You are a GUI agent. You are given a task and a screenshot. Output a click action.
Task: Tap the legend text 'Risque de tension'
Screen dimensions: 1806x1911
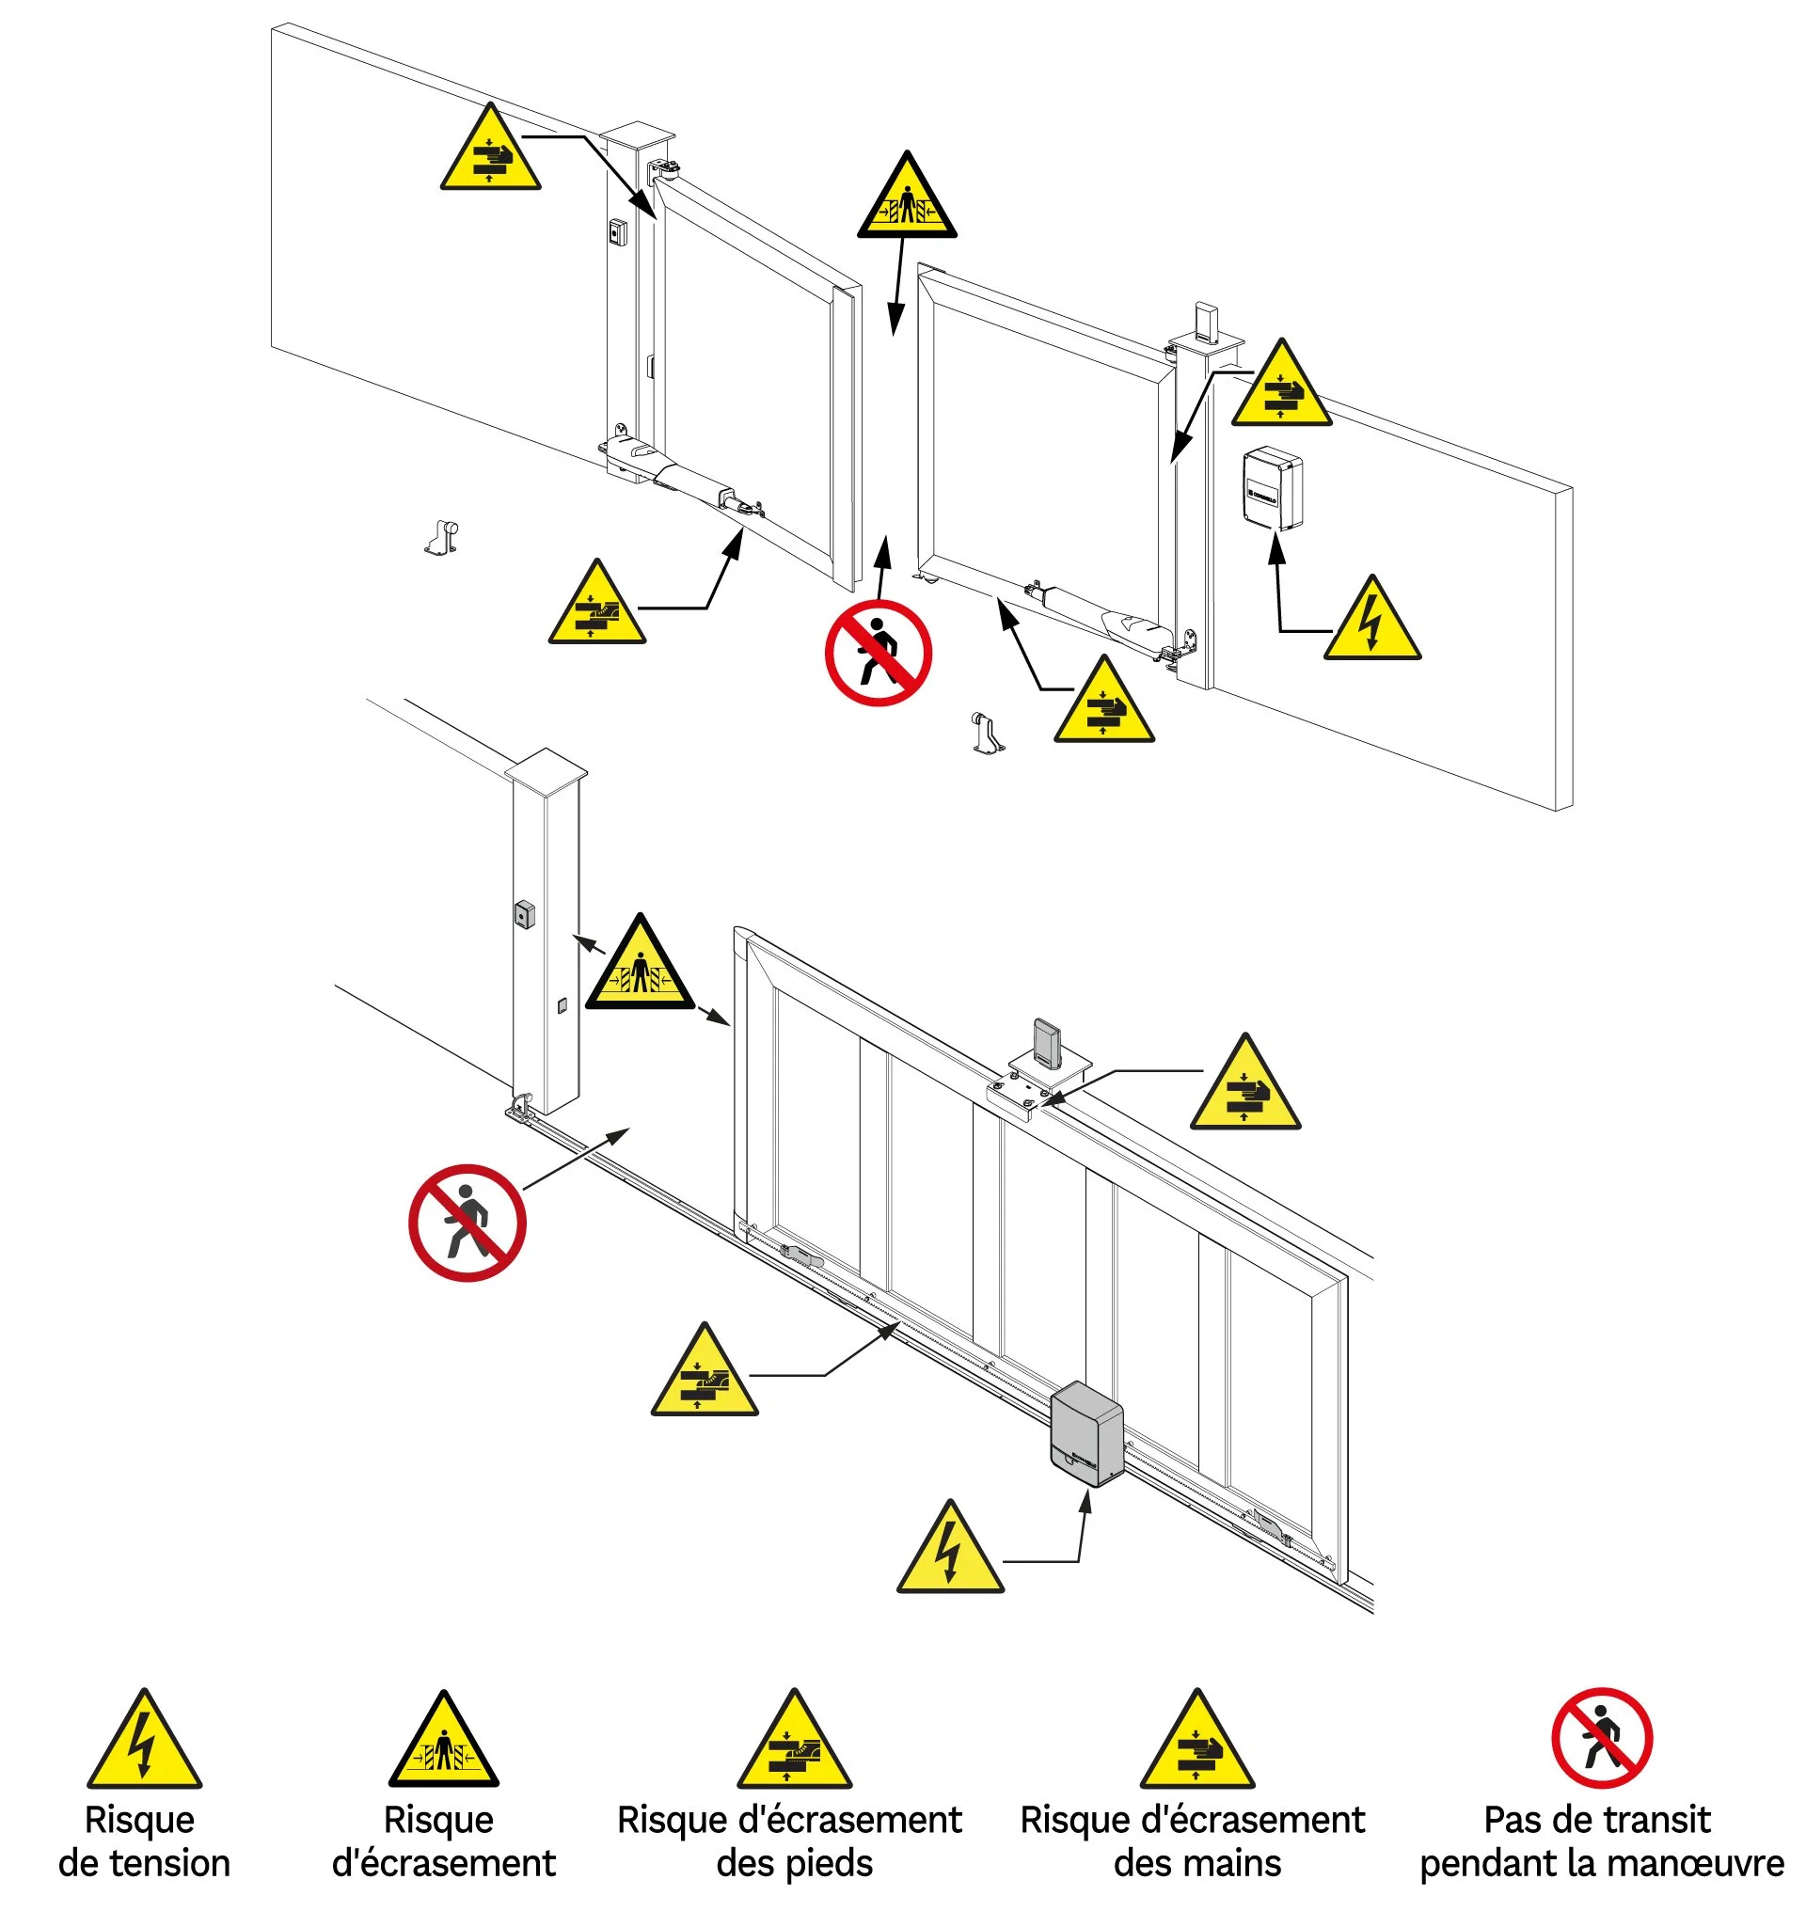click(145, 1840)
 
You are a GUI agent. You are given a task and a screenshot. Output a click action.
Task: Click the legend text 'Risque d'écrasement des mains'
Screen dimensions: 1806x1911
click(1193, 1840)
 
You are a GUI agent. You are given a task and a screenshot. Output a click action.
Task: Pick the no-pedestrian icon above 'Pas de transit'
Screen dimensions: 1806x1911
click(1602, 1738)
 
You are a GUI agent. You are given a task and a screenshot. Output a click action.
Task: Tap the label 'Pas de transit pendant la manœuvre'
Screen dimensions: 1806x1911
click(1600, 1840)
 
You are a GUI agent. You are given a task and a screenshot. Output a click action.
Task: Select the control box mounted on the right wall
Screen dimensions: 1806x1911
click(1272, 488)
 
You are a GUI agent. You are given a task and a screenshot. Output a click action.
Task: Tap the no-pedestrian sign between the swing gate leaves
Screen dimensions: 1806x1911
click(878, 653)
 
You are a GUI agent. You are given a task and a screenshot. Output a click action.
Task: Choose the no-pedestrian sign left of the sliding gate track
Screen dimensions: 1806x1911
click(467, 1223)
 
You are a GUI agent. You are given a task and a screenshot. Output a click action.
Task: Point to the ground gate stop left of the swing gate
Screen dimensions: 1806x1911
click(443, 537)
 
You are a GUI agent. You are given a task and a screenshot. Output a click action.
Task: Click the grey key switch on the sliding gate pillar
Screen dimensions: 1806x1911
click(525, 913)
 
